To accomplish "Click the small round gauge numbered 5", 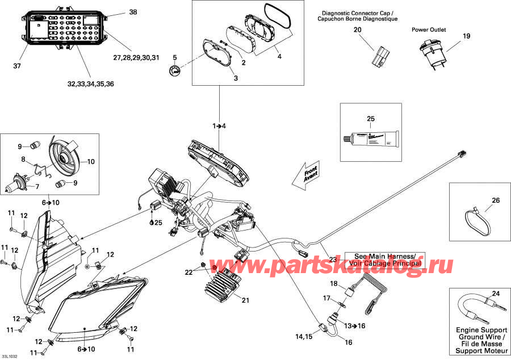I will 175,72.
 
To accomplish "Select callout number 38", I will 133,12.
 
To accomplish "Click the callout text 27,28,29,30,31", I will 136,57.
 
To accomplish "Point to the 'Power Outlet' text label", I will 429,30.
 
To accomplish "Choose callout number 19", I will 466,36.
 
